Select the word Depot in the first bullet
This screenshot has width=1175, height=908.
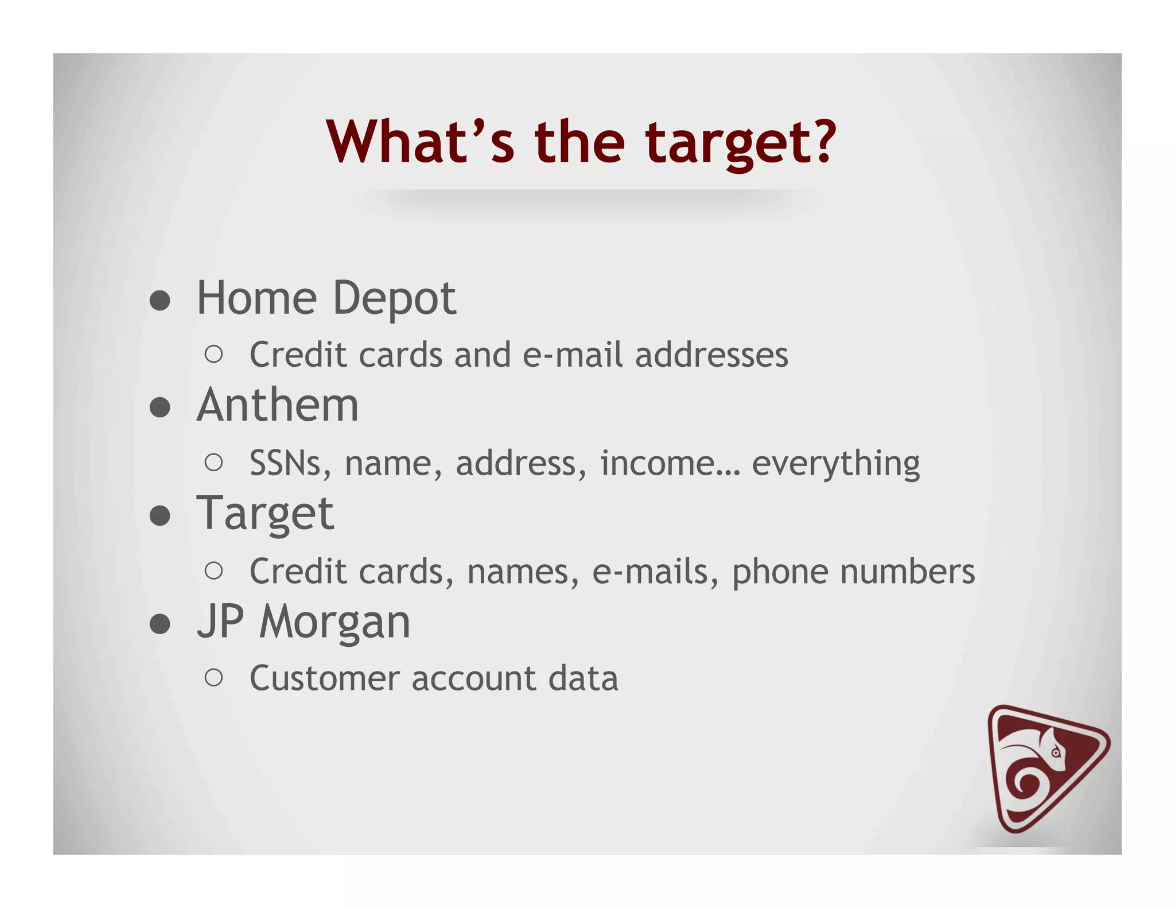pyautogui.click(x=394, y=299)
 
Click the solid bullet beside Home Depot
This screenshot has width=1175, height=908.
pyautogui.click(x=160, y=300)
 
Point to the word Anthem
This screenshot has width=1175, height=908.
pyautogui.click(x=278, y=405)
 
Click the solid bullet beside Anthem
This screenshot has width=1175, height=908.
pyautogui.click(x=160, y=408)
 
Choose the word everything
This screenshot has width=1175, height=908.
pyautogui.click(x=835, y=464)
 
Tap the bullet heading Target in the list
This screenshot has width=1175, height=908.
pyautogui.click(x=265, y=514)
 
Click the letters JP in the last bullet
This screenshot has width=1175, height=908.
pyautogui.click(x=220, y=622)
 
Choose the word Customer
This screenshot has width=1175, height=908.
pyautogui.click(x=324, y=678)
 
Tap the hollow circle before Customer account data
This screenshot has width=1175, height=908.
pyautogui.click(x=213, y=678)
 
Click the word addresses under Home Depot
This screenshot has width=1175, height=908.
pyautogui.click(x=711, y=355)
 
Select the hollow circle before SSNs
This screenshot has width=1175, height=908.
pyautogui.click(x=213, y=463)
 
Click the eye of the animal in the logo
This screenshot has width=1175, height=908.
pyautogui.click(x=1055, y=752)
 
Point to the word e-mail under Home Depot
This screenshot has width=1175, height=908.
pyautogui.click(x=572, y=355)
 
